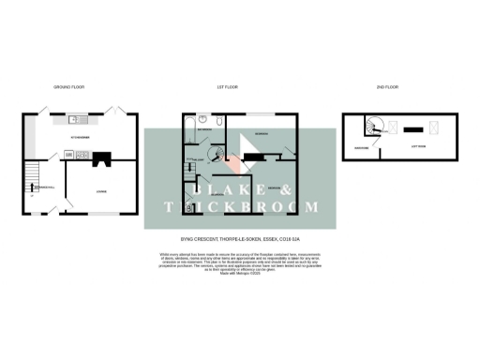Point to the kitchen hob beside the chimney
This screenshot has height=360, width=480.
coord(71,155)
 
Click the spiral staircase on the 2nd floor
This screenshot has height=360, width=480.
coord(375,128)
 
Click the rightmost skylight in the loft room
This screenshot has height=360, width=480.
coord(434,128)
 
